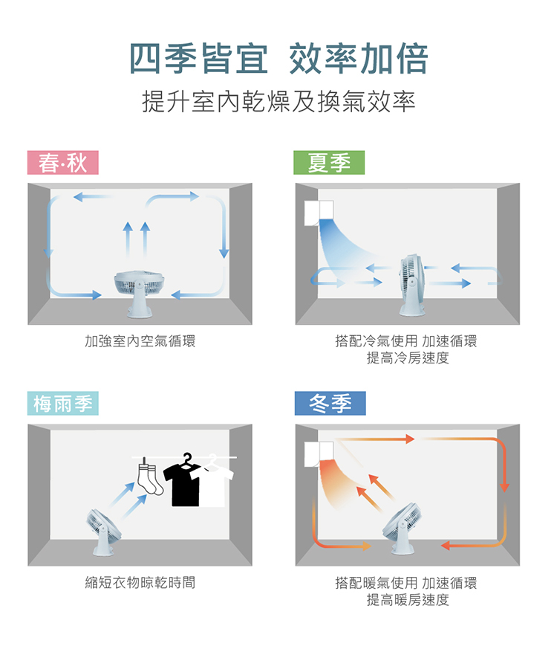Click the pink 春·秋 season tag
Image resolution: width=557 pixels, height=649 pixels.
coord(63,162)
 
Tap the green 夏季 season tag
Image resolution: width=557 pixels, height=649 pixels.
coord(329,162)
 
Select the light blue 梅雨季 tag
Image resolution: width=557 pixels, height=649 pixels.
coord(63,403)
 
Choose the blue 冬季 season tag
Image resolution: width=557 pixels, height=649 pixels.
coord(330,403)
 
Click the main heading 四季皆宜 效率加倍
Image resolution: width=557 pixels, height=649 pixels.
coord(278,59)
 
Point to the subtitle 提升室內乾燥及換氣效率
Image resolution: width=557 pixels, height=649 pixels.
coord(278,101)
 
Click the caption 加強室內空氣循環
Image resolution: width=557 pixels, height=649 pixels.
coord(140,341)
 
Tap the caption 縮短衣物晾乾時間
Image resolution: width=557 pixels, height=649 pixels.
coord(140,582)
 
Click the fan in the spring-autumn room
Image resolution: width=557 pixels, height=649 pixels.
coord(139,293)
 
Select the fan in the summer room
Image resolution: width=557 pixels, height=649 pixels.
coord(412,285)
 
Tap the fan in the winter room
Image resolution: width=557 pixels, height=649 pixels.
coord(402,528)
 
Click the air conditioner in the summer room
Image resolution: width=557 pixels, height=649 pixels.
coord(319,213)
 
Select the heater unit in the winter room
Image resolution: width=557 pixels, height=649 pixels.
coord(319,453)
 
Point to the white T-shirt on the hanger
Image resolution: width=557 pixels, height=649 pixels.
coord(214,483)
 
